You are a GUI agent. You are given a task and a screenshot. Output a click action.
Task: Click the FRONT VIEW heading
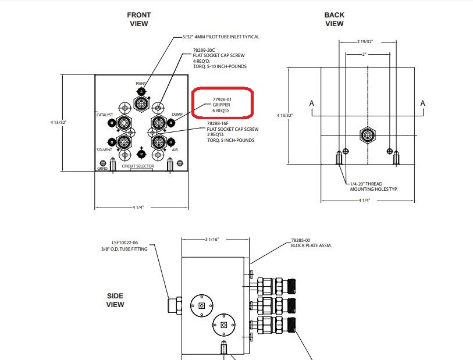point(139,19)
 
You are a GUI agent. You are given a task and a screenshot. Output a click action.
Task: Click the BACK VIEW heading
point(334,19)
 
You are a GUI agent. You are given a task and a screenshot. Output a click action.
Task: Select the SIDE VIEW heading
point(115,300)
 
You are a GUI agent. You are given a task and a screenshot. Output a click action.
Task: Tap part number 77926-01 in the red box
point(222,99)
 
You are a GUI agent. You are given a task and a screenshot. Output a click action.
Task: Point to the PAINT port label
point(141,84)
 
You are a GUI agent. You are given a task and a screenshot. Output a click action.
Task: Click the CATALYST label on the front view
point(105,115)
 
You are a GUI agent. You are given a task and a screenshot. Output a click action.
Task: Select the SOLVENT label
point(104,150)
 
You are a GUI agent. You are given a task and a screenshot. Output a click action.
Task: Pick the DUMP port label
point(177,114)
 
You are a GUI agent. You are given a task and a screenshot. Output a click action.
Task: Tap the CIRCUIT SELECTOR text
point(138,166)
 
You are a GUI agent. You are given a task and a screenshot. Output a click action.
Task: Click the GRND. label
point(102,168)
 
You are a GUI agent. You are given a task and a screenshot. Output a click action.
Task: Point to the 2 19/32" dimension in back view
point(365,42)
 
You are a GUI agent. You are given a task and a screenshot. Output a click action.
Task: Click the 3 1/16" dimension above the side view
point(212,240)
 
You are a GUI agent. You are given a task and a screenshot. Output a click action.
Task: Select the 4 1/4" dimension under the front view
point(138,208)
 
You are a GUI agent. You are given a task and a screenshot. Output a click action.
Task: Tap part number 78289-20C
point(204,50)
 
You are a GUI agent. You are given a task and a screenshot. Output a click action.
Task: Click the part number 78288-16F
point(218,124)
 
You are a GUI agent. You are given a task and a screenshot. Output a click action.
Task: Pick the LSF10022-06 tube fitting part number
point(125,243)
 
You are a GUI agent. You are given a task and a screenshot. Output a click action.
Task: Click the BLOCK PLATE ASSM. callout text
point(311,246)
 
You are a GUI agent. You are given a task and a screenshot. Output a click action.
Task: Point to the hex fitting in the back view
point(368,135)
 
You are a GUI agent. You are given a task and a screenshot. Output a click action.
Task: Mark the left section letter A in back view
point(312,104)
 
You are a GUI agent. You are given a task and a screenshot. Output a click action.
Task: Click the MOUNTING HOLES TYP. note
point(374,190)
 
